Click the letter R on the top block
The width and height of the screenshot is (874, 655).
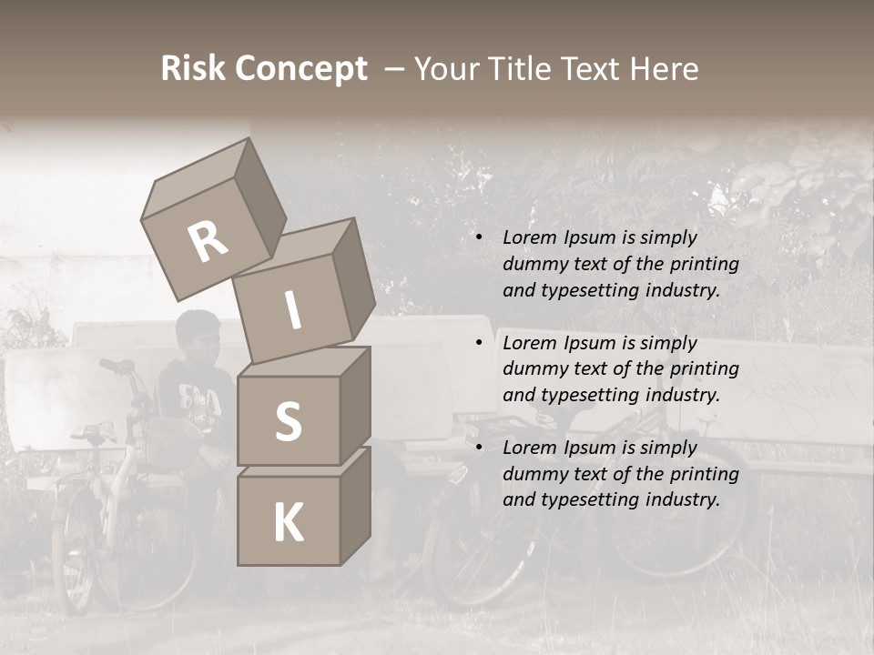point(208,242)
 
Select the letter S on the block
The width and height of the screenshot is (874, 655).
point(288,422)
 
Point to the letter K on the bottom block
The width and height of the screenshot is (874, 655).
point(288,523)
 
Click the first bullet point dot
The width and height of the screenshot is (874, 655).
point(478,237)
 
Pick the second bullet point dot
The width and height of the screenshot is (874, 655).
point(478,343)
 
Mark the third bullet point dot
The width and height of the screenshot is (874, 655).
point(478,448)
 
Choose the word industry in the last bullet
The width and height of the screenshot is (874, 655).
point(683,499)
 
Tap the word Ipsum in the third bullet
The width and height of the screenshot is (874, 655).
point(592,448)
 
